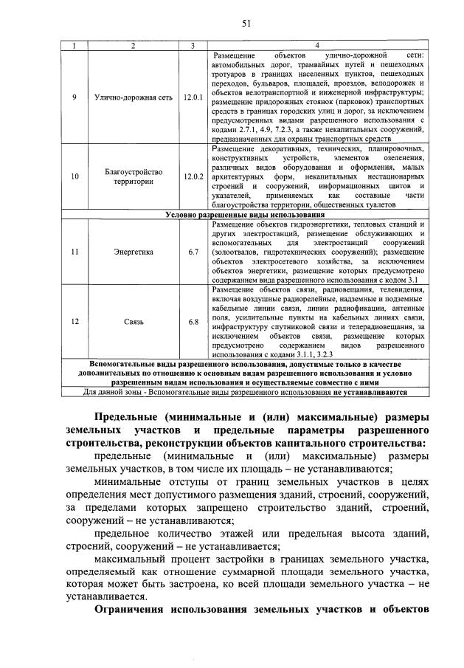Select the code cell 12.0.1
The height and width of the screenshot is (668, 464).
[x=193, y=97]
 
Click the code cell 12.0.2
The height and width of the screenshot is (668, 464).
[x=193, y=177]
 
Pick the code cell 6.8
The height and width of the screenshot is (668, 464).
[x=193, y=322]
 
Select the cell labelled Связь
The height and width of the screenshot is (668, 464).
[x=133, y=322]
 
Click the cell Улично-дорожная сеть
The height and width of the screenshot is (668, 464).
[x=133, y=97]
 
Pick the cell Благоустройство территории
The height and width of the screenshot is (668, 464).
[x=133, y=177]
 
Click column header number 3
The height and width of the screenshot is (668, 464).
[x=193, y=46]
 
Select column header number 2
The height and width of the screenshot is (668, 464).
[x=133, y=46]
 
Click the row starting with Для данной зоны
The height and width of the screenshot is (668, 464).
[x=245, y=392]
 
